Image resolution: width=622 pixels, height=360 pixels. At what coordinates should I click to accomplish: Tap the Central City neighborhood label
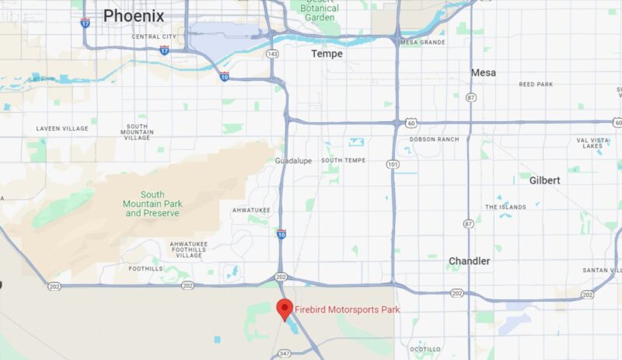[154, 37]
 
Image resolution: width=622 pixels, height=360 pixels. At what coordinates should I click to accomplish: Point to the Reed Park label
[536, 83]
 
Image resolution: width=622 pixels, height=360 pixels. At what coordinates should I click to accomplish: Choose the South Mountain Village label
[138, 131]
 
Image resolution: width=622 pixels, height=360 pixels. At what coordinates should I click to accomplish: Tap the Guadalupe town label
[293, 160]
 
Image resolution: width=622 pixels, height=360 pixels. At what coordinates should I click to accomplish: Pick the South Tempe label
[343, 160]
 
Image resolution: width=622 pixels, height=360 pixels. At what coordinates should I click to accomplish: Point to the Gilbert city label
[544, 180]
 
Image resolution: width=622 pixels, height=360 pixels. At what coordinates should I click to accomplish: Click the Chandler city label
[469, 261]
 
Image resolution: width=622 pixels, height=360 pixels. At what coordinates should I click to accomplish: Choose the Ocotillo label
[425, 349]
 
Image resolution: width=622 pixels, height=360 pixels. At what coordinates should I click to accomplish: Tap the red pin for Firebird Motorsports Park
[285, 309]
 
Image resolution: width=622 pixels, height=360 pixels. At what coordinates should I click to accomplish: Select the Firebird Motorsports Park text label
[347, 310]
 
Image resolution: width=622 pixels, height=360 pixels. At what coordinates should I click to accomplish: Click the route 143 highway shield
[271, 54]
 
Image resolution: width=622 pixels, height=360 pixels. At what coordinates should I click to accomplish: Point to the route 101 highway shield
[392, 164]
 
